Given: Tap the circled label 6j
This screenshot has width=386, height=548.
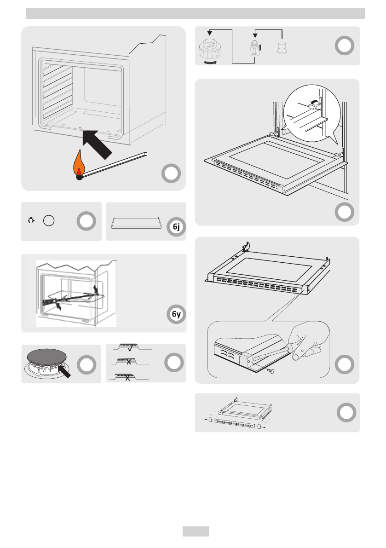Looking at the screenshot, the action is pyautogui.click(x=176, y=227).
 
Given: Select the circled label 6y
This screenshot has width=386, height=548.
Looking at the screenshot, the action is pyautogui.click(x=176, y=314).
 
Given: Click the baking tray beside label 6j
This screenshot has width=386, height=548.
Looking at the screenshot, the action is pyautogui.click(x=136, y=223).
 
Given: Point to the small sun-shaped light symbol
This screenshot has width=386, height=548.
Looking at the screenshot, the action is pyautogui.click(x=31, y=220).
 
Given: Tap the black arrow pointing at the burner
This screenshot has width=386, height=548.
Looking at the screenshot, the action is pyautogui.click(x=64, y=371).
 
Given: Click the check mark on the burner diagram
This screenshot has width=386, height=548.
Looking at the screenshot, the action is pyautogui.click(x=130, y=348).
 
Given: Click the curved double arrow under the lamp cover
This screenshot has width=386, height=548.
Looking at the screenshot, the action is pyautogui.click(x=210, y=63).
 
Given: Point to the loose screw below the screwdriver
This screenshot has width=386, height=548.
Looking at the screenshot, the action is pyautogui.click(x=271, y=370).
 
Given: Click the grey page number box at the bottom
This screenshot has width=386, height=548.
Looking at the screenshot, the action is pyautogui.click(x=196, y=531).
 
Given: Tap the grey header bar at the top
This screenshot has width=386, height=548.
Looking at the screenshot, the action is pyautogui.click(x=196, y=14).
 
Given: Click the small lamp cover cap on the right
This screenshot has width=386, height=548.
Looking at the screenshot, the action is pyautogui.click(x=282, y=48).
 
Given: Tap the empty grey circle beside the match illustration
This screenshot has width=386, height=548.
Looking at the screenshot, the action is pyautogui.click(x=171, y=173).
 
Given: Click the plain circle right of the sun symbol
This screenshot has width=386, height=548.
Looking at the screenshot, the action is pyautogui.click(x=49, y=220).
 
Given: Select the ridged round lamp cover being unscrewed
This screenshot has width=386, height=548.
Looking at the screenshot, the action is pyautogui.click(x=210, y=49).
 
